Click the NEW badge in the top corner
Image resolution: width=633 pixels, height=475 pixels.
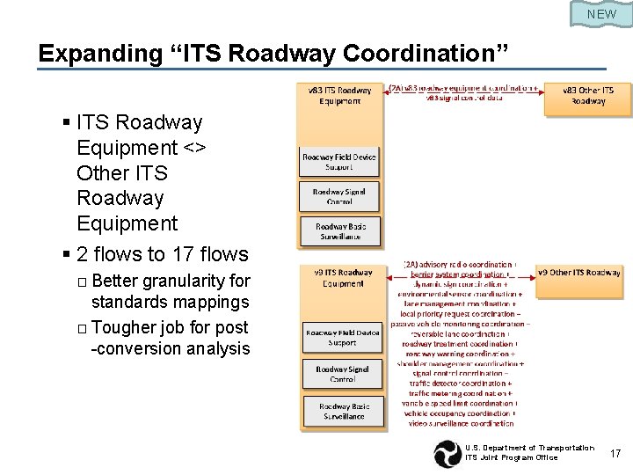601,14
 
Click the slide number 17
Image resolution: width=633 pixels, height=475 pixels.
615,454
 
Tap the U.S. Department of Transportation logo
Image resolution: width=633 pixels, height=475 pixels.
447,454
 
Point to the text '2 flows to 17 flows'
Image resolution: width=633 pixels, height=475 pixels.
163,254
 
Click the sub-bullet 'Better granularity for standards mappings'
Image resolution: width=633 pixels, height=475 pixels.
171,292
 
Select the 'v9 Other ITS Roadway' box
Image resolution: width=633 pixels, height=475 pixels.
579,273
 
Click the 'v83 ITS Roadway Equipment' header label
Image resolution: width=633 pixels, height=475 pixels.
339,95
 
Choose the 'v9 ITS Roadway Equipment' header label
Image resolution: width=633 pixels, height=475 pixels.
342,278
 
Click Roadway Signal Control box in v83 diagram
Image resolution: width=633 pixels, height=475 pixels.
339,195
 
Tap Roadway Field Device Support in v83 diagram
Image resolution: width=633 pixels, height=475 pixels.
339,162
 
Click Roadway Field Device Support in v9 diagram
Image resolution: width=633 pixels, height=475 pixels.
342,337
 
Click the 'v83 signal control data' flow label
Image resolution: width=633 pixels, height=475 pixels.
464,99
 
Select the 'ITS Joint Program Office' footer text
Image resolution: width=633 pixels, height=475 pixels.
511,458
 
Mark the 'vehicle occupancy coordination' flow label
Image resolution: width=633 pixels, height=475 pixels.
458,413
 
